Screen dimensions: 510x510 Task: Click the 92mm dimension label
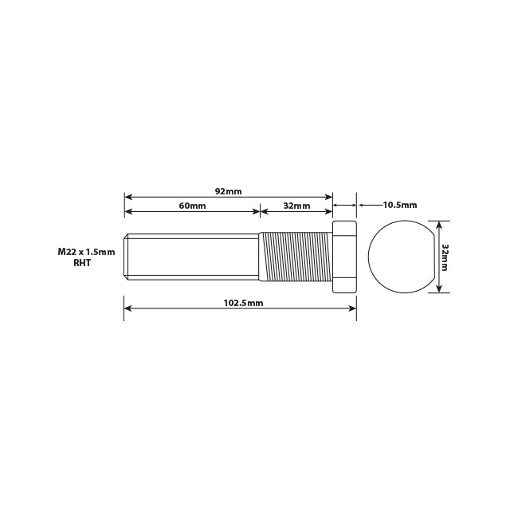tap(228, 191)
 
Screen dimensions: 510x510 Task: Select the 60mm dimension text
tap(192, 206)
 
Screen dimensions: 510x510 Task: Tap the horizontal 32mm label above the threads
tap(296, 206)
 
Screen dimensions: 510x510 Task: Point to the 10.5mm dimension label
tap(399, 205)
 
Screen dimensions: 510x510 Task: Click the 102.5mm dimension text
tap(243, 304)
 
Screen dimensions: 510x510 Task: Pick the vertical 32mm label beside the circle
tap(445, 257)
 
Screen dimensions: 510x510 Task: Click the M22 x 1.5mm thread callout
tap(86, 252)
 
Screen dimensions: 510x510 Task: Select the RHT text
tap(83, 262)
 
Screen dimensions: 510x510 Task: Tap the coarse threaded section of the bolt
tap(295, 257)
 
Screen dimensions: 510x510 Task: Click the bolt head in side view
tap(344, 257)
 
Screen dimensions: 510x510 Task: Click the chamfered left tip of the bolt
tap(127, 257)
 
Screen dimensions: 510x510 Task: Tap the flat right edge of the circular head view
tap(433, 257)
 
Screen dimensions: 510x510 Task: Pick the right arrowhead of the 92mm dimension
tap(328, 196)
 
